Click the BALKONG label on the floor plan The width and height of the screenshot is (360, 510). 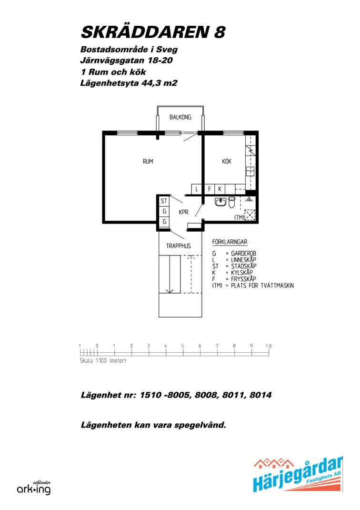pyautogui.click(x=180, y=117)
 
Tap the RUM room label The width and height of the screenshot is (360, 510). pyautogui.click(x=148, y=161)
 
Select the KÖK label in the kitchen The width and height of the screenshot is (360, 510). pyautogui.click(x=227, y=161)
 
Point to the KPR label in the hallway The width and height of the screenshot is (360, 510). pyautogui.click(x=184, y=212)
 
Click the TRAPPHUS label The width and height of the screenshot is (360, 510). pyautogui.click(x=179, y=246)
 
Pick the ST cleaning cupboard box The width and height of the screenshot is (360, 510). pyautogui.click(x=164, y=201)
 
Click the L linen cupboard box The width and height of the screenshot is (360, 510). pyautogui.click(x=196, y=189)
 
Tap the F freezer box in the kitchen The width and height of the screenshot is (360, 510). pyautogui.click(x=209, y=189)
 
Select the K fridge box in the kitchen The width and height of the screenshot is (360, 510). pyautogui.click(x=220, y=189)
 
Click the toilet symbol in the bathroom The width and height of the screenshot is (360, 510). pyautogui.click(x=231, y=202)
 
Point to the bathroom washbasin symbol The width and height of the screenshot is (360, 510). pyautogui.click(x=220, y=202)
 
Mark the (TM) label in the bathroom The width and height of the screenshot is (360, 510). pyautogui.click(x=239, y=217)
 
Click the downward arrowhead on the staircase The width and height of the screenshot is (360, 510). pyautogui.click(x=169, y=291)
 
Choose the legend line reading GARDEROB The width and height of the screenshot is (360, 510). pyautogui.click(x=234, y=254)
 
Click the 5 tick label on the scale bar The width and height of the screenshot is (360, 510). pyautogui.click(x=182, y=346)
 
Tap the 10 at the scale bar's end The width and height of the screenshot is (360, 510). pyautogui.click(x=268, y=346)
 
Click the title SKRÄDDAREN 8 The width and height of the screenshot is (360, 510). pyautogui.click(x=153, y=32)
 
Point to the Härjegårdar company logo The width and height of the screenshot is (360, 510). pyautogui.click(x=298, y=474)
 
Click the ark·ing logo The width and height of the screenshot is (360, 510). pyautogui.click(x=34, y=488)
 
